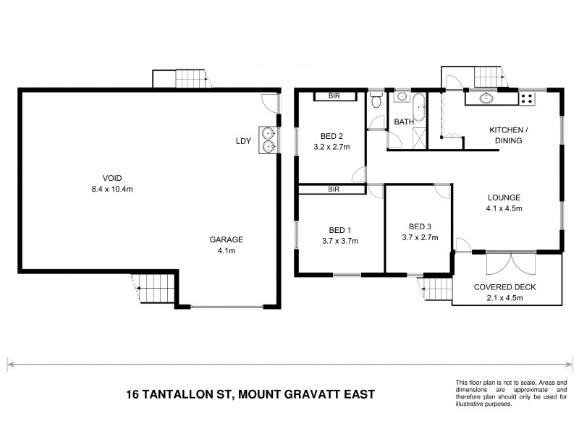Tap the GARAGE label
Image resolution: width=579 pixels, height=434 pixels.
click(226, 240)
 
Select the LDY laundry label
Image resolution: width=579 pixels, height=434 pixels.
click(243, 141)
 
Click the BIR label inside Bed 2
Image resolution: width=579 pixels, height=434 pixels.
click(334, 95)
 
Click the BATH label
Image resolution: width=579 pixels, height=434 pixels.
click(404, 122)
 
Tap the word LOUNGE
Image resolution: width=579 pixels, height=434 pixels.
click(504, 197)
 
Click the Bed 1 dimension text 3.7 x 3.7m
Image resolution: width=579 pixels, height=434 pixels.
click(335, 242)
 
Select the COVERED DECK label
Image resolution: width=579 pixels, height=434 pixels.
click(504, 286)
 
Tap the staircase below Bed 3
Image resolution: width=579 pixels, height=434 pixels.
click(437, 291)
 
